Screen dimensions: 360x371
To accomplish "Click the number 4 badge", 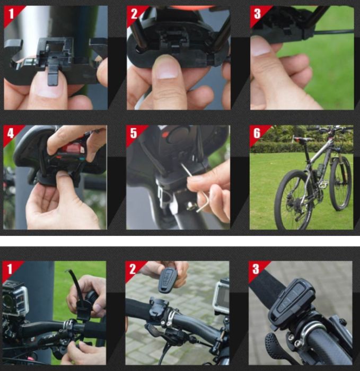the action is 11,134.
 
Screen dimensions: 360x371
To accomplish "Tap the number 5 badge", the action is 134,133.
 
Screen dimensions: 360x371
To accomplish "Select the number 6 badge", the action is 257,133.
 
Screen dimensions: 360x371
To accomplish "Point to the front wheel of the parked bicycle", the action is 340,183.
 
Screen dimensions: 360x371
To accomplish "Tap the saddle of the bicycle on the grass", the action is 302,139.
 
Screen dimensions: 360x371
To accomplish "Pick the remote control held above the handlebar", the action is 168,280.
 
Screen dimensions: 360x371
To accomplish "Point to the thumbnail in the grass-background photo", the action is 261,49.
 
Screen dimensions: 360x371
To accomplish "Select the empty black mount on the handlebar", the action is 160,307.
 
